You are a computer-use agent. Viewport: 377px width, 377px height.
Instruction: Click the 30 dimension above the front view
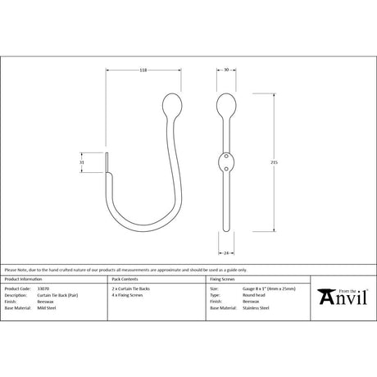pos(227,71)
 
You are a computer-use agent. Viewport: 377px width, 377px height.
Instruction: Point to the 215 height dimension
pos(273,162)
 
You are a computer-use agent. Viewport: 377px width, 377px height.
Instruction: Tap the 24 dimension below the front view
pos(227,252)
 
